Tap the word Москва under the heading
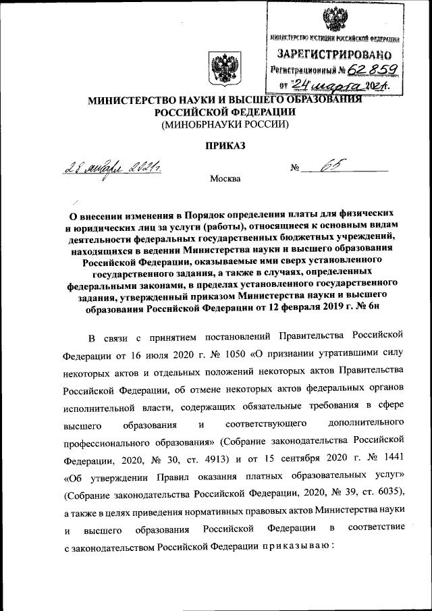(x=225, y=178)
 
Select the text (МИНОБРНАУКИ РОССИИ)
(x=225, y=124)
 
